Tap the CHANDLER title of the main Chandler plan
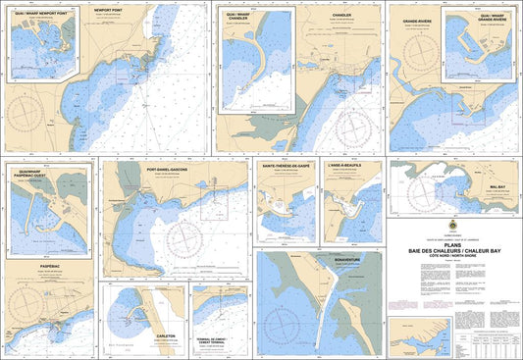coord(341,16)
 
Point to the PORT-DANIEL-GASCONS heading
coord(176,169)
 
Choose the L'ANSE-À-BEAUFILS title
coord(352,167)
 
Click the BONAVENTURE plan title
coord(347,260)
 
